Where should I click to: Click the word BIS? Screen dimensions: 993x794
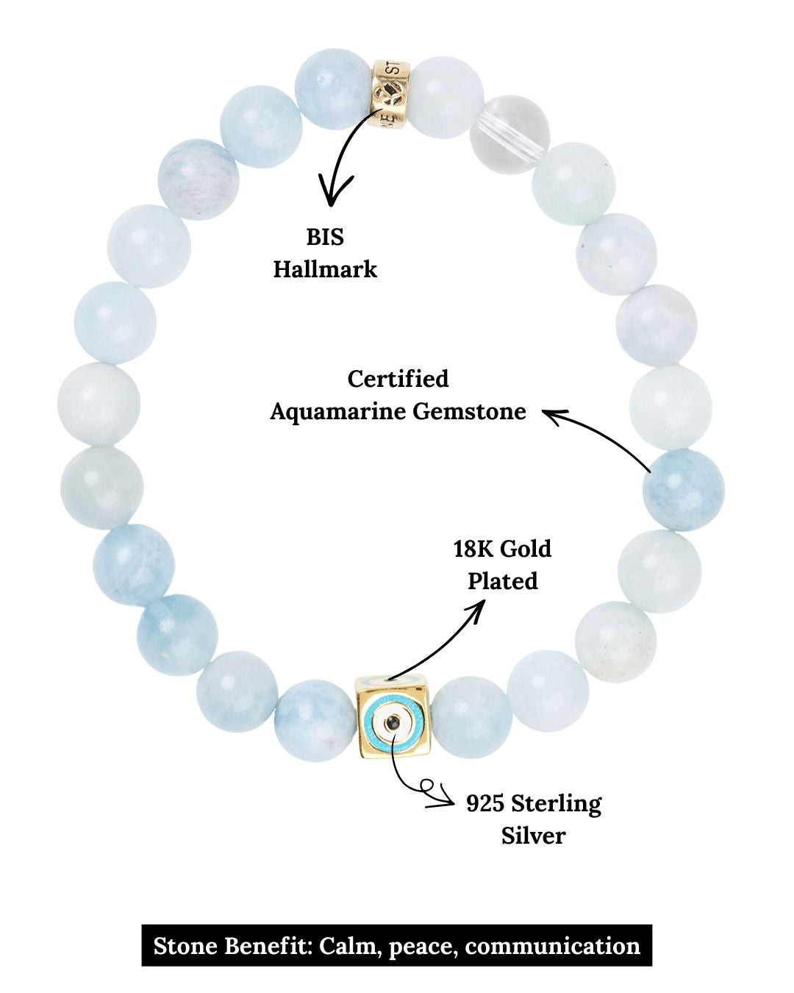coord(325,238)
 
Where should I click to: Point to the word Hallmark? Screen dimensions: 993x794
coord(325,269)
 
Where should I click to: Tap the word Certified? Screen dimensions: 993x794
coord(398,379)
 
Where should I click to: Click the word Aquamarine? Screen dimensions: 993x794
coord(338,411)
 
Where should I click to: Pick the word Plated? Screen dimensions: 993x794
coord(503,581)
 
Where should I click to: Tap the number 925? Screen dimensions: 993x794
coord(485,803)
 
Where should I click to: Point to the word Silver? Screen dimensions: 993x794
coord(533,836)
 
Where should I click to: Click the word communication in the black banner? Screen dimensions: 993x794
coord(552,945)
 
